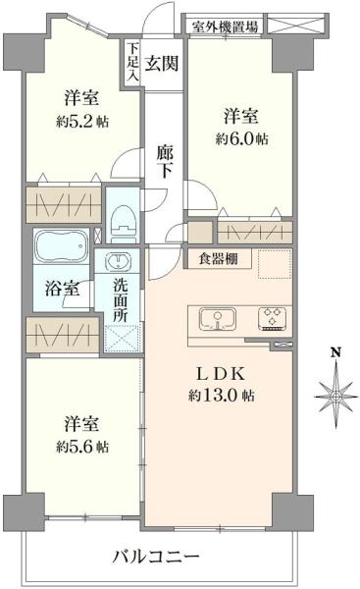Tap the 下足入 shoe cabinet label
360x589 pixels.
(x=131, y=65)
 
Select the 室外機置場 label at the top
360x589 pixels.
(x=225, y=27)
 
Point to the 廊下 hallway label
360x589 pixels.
(x=166, y=161)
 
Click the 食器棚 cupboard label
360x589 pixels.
(x=218, y=261)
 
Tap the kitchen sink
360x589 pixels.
(x=219, y=319)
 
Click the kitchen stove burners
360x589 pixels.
(x=270, y=318)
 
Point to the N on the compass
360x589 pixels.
(x=335, y=353)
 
